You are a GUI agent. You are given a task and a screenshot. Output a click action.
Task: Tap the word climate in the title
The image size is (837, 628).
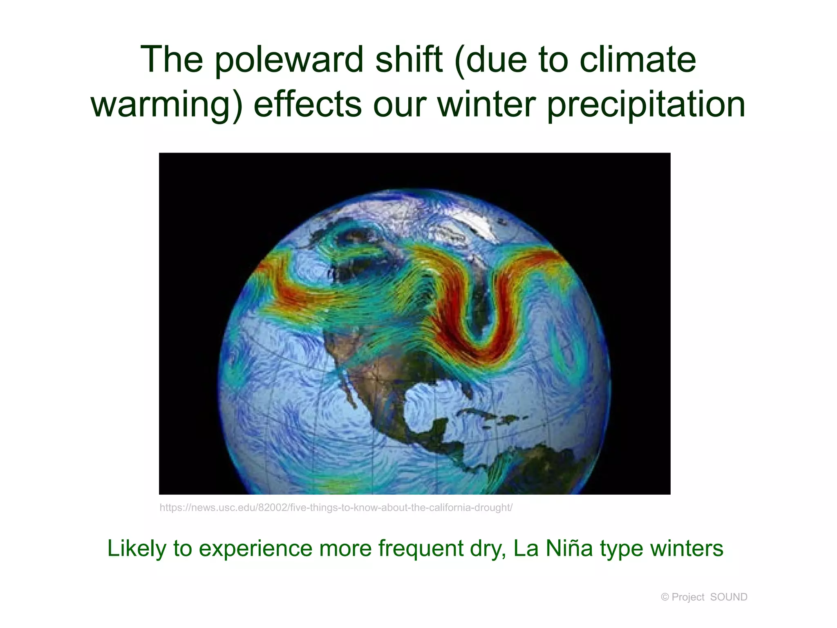pyautogui.click(x=638, y=60)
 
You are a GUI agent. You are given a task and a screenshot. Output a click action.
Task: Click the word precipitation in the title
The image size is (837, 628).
pyautogui.click(x=646, y=105)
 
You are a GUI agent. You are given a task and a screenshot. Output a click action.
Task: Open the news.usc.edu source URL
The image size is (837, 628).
pyautogui.click(x=336, y=508)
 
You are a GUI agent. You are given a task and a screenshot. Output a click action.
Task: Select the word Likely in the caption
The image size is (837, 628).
pyautogui.click(x=137, y=548)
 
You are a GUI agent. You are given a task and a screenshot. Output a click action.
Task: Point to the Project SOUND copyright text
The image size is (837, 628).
pyautogui.click(x=704, y=597)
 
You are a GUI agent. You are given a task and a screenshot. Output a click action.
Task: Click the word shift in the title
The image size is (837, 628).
pyautogui.click(x=409, y=60)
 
